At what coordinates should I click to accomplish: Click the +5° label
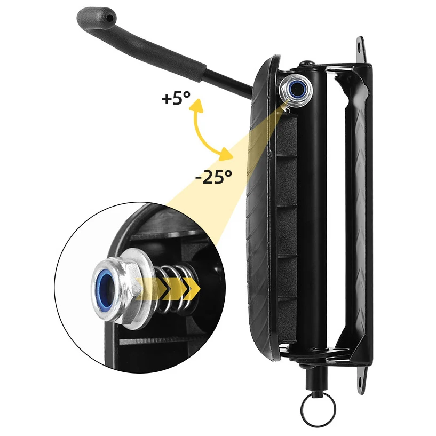coord(175,99)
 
